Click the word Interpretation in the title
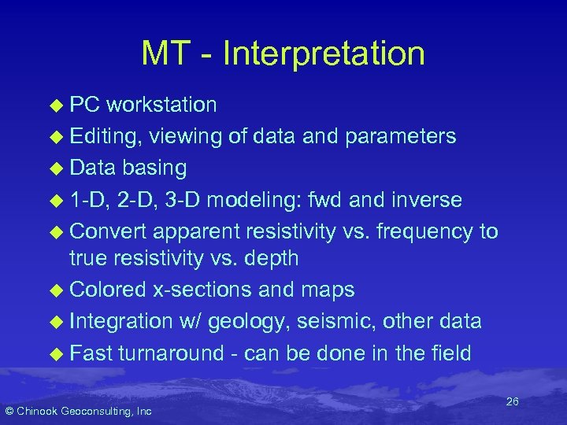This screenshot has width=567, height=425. coord(324,54)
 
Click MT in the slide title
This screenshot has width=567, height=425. coord(168,54)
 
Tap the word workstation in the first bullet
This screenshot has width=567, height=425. coord(161,105)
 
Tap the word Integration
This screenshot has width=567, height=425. coord(120,321)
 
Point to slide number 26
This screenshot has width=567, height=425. coord(512,402)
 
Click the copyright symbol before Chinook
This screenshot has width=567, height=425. coord(9,411)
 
